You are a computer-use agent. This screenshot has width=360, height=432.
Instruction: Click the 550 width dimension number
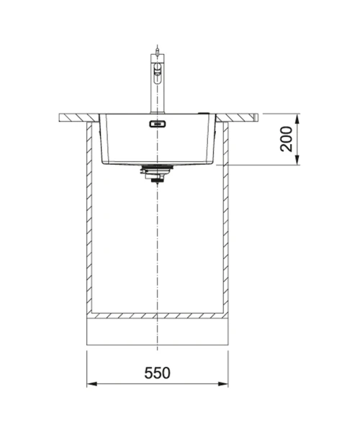[157, 373]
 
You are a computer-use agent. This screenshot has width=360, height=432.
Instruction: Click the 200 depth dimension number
[287, 139]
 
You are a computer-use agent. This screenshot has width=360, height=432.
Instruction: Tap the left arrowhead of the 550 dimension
[91, 384]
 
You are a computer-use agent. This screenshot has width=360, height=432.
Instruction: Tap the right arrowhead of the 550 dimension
[223, 384]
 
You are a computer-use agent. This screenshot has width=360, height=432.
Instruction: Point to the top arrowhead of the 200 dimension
[297, 119]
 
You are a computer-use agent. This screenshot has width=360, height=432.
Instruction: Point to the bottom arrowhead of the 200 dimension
[297, 160]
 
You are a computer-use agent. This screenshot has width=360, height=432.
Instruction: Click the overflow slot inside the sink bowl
[158, 124]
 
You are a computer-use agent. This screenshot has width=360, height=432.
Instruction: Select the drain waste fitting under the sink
[157, 174]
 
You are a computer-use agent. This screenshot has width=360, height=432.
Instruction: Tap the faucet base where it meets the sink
[157, 112]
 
